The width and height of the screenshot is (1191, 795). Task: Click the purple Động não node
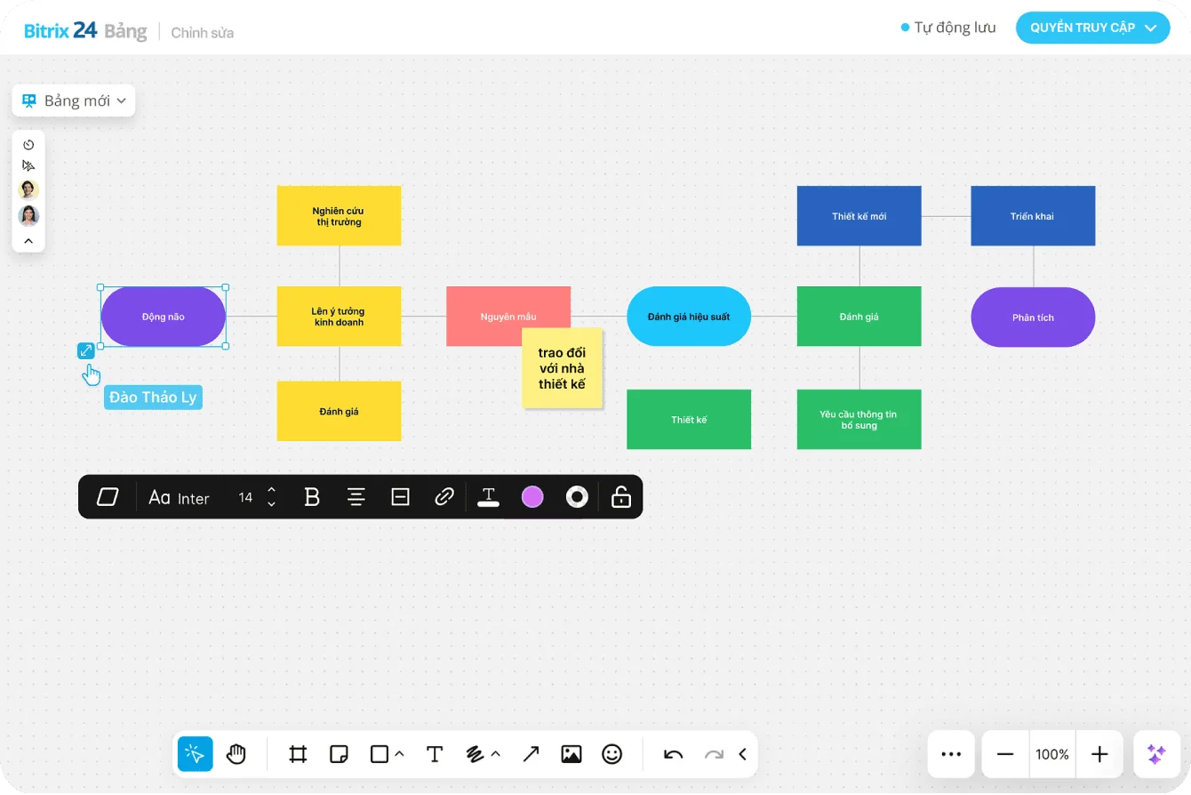163,317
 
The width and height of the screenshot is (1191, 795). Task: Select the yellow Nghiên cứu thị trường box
339,215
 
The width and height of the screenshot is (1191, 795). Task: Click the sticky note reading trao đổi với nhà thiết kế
562,368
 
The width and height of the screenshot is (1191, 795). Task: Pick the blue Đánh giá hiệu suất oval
689,316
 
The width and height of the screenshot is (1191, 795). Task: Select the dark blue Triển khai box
1032,216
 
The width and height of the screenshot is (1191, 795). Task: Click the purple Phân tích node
1032,317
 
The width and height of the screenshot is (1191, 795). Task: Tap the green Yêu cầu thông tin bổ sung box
859,419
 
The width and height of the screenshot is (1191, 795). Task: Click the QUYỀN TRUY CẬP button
1092,28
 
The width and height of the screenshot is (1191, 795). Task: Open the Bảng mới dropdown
75,100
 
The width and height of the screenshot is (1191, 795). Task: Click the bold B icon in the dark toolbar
312,497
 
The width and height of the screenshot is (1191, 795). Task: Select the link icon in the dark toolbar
444,497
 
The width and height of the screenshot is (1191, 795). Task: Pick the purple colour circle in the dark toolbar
532,497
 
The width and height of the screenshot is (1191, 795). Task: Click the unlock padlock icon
620,497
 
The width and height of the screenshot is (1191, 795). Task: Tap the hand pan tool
236,754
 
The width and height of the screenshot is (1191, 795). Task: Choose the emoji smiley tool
611,754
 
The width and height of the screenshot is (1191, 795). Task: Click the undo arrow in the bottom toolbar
673,754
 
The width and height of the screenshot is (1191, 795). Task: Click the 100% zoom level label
1052,754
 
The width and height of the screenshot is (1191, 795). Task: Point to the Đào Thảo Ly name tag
153,397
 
